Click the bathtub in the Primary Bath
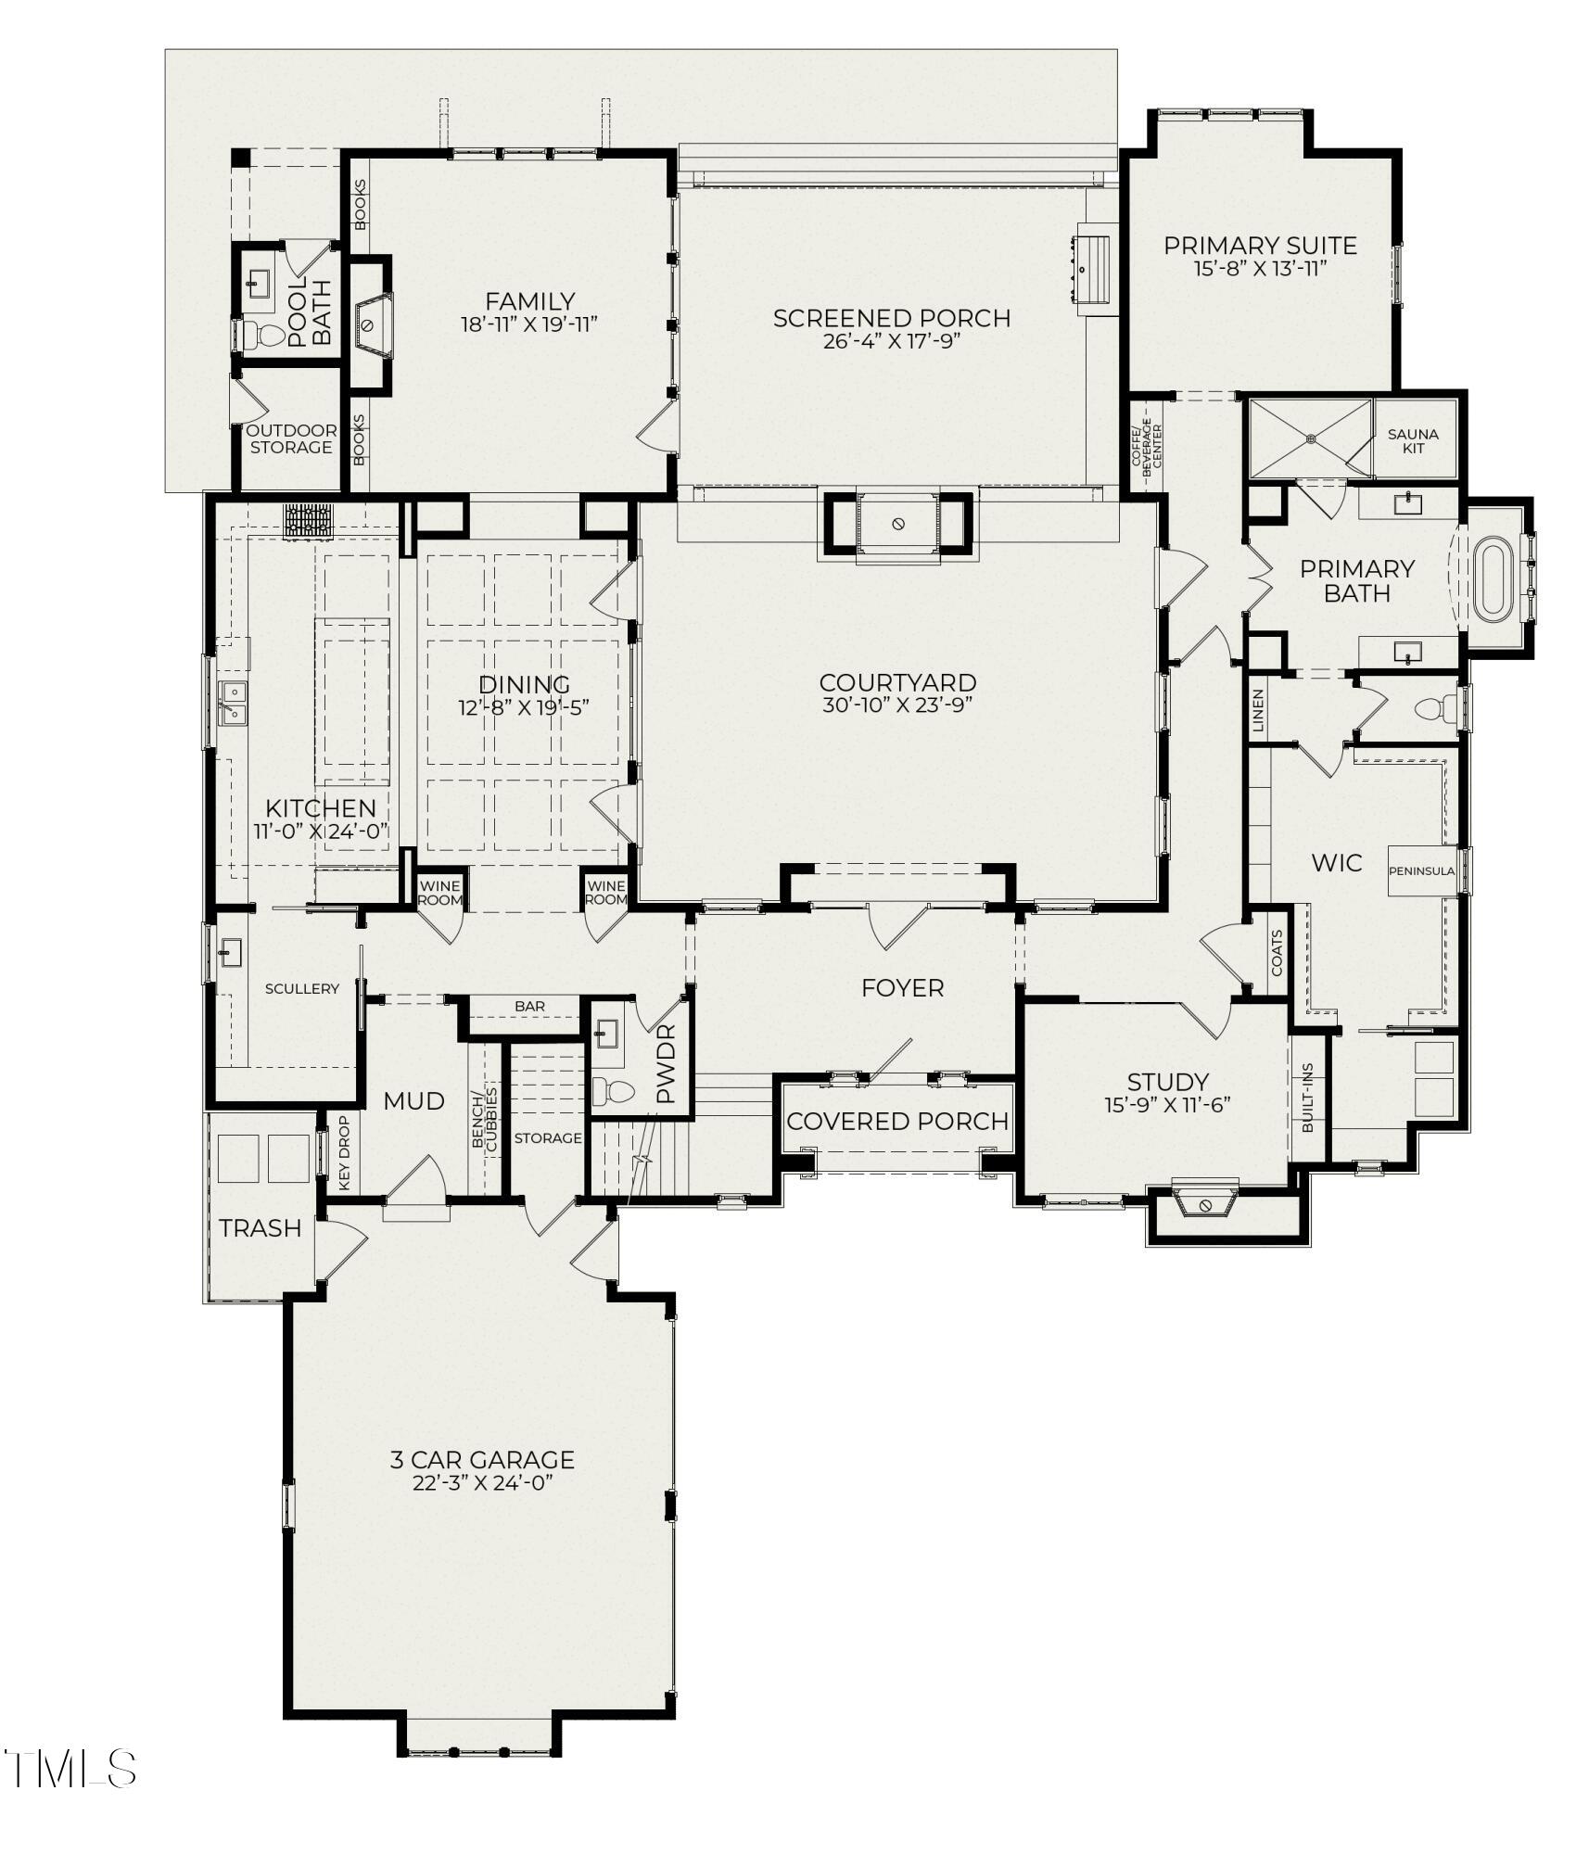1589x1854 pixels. tap(1493, 581)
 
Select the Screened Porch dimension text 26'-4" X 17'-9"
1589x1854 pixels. tap(890, 341)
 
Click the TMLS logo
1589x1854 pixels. tap(70, 1769)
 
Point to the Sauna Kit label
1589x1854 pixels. tap(1413, 440)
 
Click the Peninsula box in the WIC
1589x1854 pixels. tap(1421, 870)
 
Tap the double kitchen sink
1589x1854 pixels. tap(232, 702)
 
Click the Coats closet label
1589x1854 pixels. tap(1277, 953)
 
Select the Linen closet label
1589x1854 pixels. tap(1258, 711)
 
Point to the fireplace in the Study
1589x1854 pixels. tap(1205, 1204)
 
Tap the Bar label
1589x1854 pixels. tap(529, 1006)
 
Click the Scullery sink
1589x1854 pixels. tap(230, 952)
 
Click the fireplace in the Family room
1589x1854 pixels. tap(369, 325)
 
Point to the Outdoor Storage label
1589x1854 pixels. tap(291, 439)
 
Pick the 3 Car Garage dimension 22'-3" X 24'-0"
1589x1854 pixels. tap(482, 1483)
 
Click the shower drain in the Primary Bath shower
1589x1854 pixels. tap(1310, 438)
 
